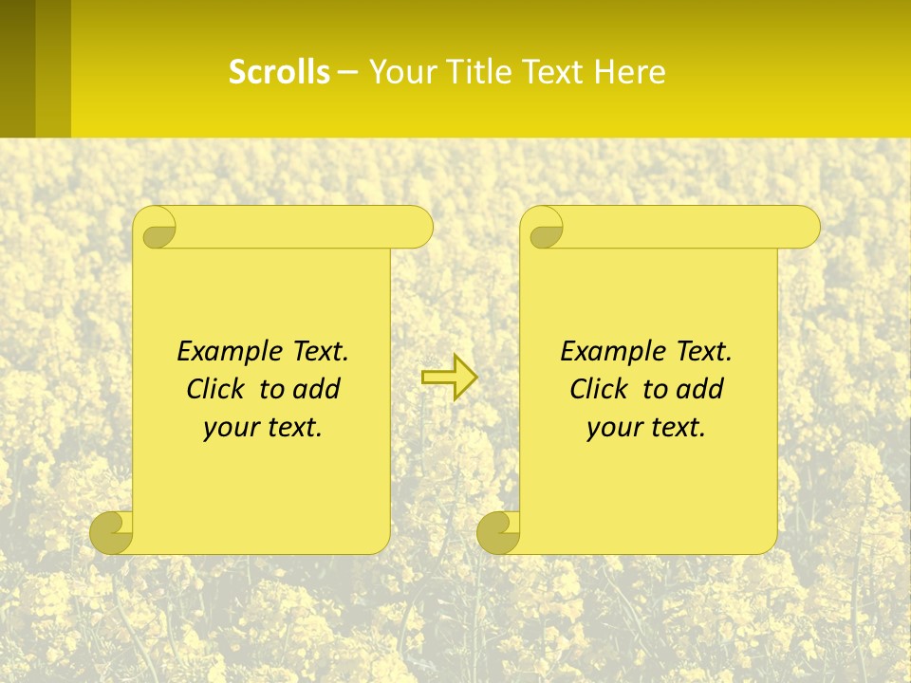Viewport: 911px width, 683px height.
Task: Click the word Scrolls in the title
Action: pyautogui.click(x=279, y=72)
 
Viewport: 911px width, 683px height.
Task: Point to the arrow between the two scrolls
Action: pyautogui.click(x=449, y=378)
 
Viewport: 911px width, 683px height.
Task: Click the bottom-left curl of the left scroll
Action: pyautogui.click(x=112, y=532)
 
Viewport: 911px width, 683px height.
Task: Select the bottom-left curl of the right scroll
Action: pyautogui.click(x=498, y=532)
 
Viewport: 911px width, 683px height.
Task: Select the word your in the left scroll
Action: pyautogui.click(x=230, y=428)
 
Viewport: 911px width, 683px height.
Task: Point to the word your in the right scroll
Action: pyautogui.click(x=613, y=428)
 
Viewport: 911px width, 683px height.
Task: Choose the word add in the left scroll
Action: pyautogui.click(x=317, y=389)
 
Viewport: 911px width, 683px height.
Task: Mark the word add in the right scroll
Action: pyautogui.click(x=700, y=389)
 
